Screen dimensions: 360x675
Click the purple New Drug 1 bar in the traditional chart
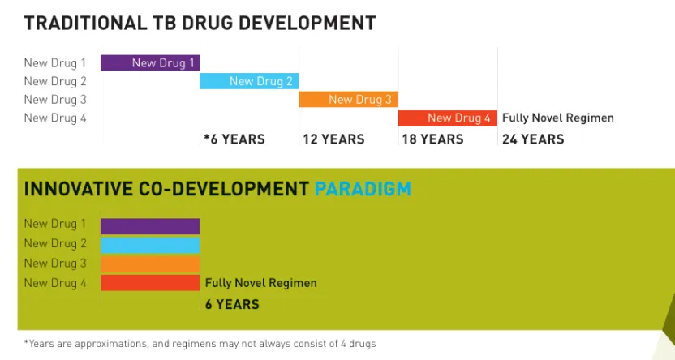pyautogui.click(x=150, y=62)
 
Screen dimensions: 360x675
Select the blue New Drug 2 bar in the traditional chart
pyautogui.click(x=249, y=80)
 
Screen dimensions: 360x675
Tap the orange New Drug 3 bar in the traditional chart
pyautogui.click(x=348, y=99)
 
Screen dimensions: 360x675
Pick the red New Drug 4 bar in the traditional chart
pyautogui.click(x=447, y=118)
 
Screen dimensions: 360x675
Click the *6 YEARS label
pyautogui.click(x=234, y=139)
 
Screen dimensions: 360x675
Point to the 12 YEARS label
pyautogui.click(x=333, y=139)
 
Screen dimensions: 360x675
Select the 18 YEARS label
pyautogui.click(x=432, y=139)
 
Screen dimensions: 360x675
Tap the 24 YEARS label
pyautogui.click(x=533, y=139)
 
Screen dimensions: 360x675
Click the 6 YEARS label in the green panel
pyautogui.click(x=232, y=304)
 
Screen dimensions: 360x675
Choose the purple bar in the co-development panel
pyautogui.click(x=150, y=225)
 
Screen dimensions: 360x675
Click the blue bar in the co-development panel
pyautogui.click(x=150, y=244)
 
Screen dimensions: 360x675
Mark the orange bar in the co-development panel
pyautogui.click(x=150, y=264)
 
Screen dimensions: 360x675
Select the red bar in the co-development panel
pyautogui.click(x=150, y=282)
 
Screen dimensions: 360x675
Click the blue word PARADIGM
pyautogui.click(x=363, y=190)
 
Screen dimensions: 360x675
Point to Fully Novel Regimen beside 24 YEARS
pyautogui.click(x=558, y=118)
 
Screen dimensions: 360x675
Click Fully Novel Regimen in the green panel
pyautogui.click(x=260, y=283)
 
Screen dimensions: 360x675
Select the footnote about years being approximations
pyautogui.click(x=200, y=344)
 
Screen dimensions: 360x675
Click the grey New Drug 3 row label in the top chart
pyautogui.click(x=55, y=100)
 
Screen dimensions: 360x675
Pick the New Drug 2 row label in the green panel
pyautogui.click(x=55, y=243)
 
